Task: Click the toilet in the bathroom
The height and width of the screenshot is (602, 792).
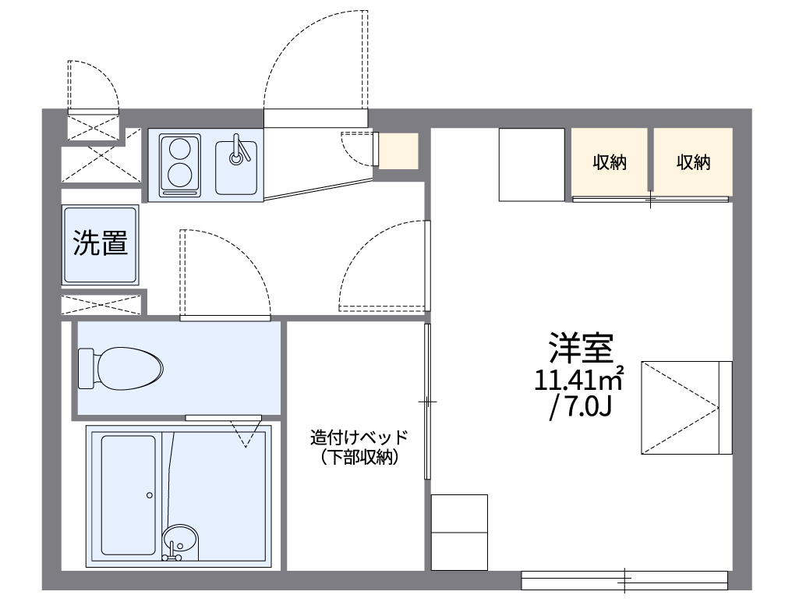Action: click(x=129, y=367)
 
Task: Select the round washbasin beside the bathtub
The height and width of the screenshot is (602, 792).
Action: click(x=180, y=540)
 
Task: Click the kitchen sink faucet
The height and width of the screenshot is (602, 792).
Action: click(x=237, y=150)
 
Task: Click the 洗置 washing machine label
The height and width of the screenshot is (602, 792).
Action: click(x=101, y=243)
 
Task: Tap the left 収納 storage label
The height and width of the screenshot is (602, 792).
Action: click(x=610, y=162)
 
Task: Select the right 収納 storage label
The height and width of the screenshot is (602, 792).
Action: click(x=693, y=162)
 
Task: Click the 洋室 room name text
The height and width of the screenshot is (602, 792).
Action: click(x=582, y=348)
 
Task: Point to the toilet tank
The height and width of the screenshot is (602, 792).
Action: click(x=86, y=368)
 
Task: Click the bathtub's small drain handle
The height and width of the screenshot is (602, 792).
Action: click(x=149, y=494)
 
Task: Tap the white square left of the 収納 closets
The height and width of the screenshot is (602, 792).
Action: click(x=531, y=164)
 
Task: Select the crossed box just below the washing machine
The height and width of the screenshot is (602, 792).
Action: click(x=101, y=303)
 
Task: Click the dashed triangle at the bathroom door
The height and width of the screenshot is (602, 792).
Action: click(x=246, y=433)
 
